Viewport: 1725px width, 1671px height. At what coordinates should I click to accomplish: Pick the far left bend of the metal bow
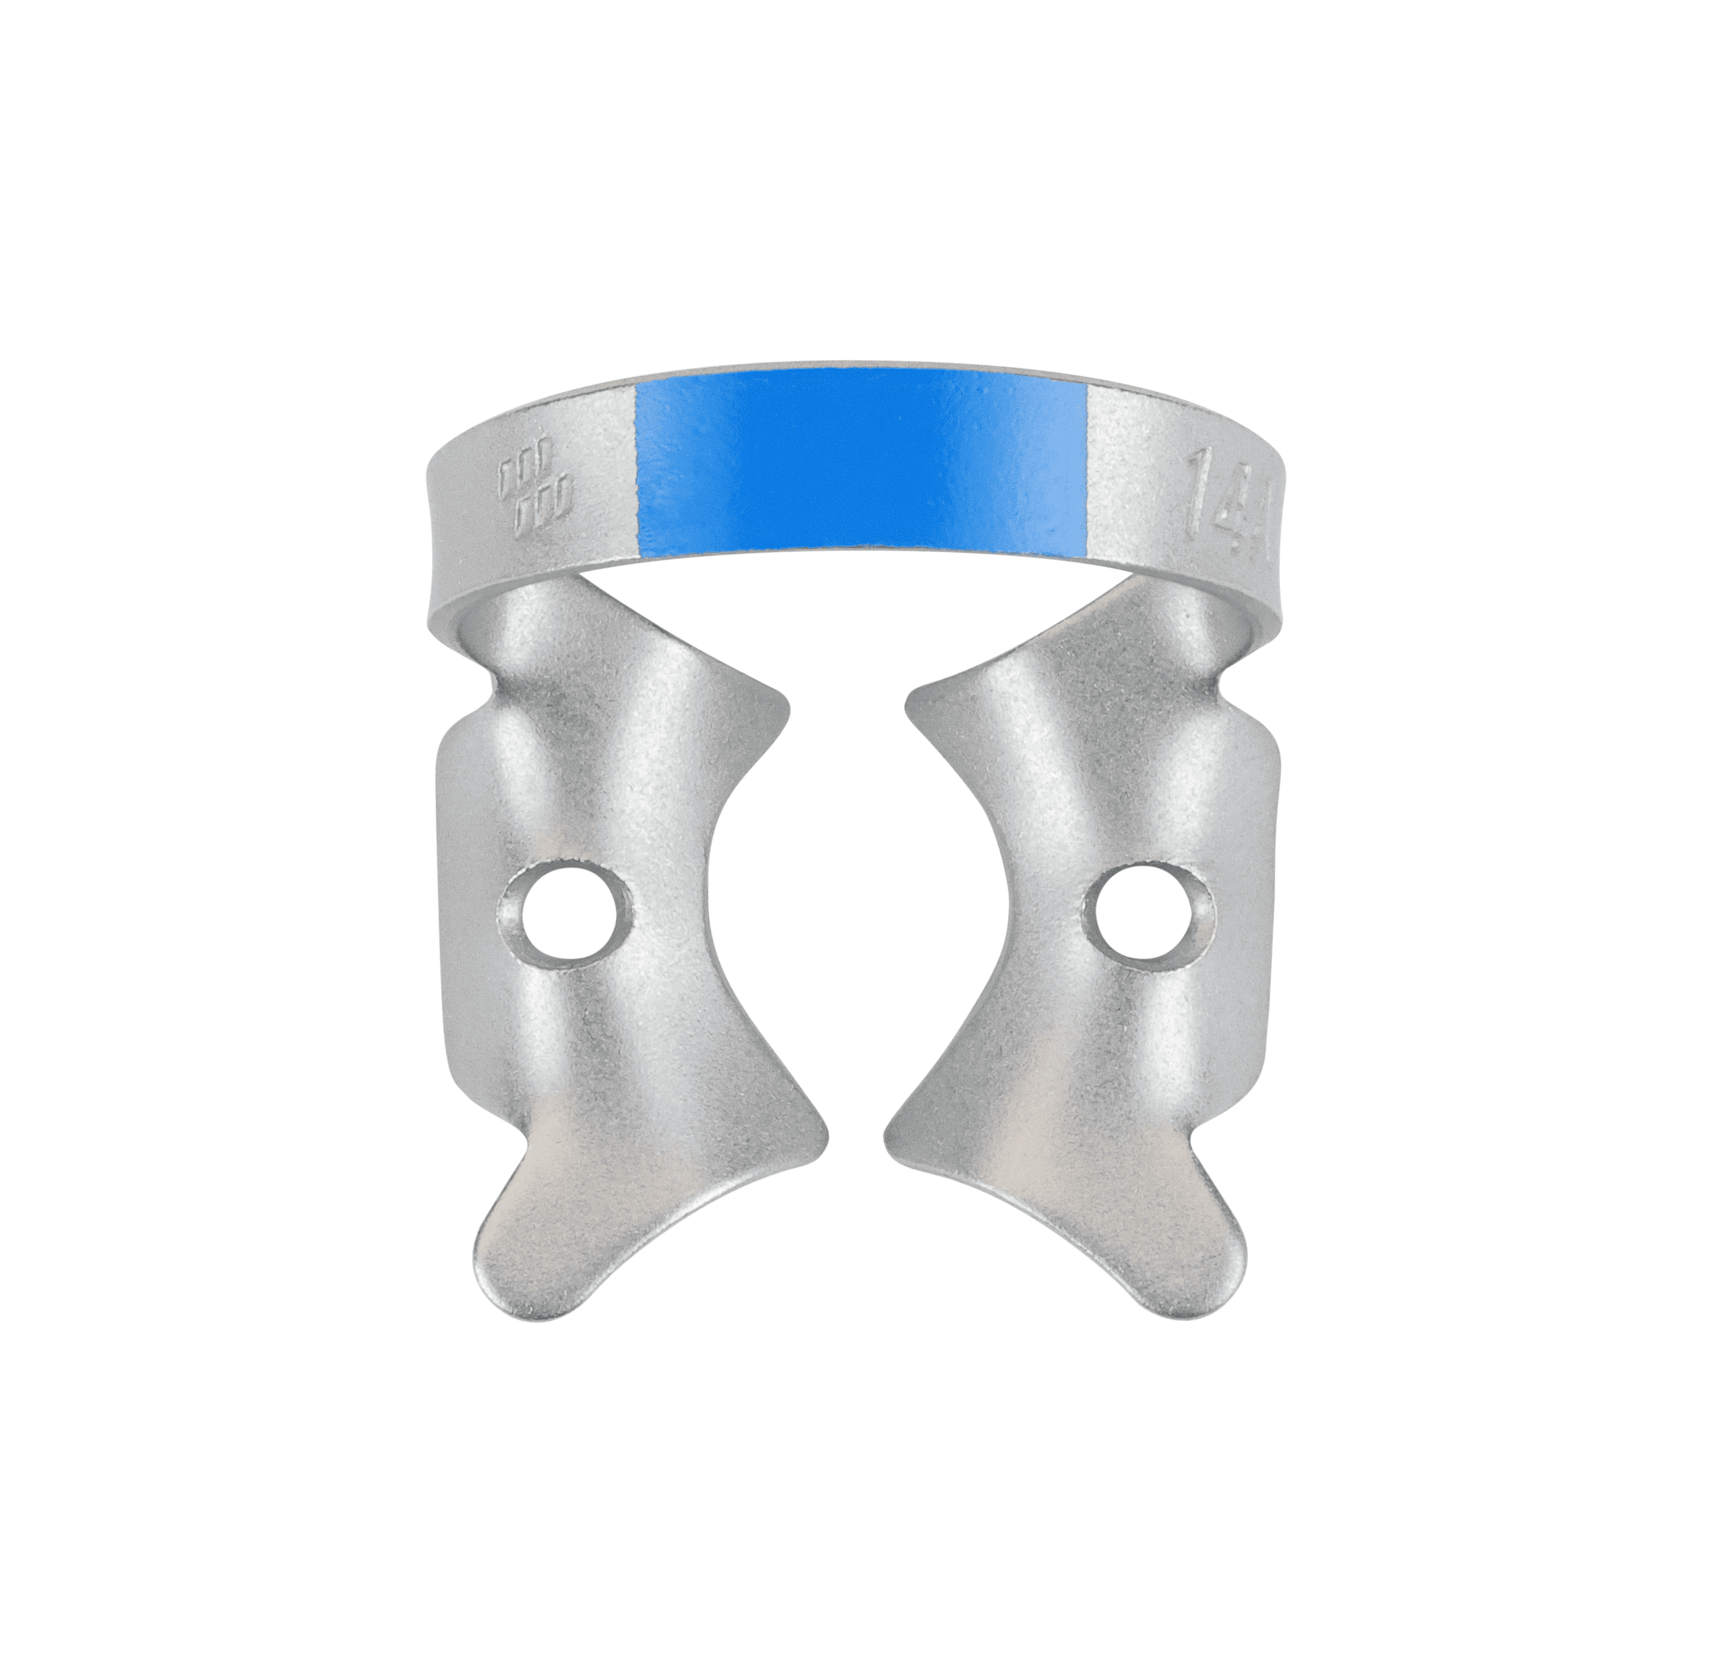tap(437, 546)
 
